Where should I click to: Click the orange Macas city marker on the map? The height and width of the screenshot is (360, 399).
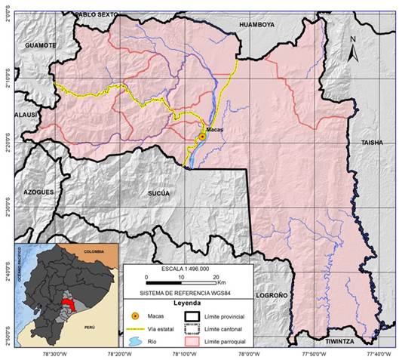tap(201, 137)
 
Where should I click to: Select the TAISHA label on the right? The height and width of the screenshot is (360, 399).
tap(372, 141)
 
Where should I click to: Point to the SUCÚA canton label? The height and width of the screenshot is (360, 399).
tap(158, 193)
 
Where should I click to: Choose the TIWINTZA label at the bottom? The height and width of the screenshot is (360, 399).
tap(333, 341)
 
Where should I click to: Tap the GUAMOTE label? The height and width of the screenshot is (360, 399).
tap(41, 45)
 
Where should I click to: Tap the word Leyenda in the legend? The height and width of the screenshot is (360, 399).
tap(187, 301)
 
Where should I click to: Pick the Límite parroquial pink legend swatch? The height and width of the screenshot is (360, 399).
tap(192, 340)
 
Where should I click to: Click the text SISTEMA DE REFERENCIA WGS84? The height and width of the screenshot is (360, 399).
tap(186, 291)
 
